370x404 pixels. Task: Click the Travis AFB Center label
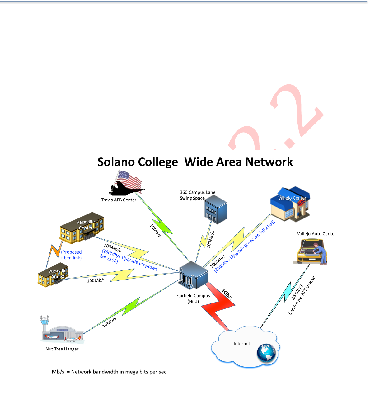119,200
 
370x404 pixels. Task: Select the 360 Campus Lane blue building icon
215,210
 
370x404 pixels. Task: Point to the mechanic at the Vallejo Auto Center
321,253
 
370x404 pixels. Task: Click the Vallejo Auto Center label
316,234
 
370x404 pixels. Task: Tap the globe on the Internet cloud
266,353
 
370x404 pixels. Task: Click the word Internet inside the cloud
242,344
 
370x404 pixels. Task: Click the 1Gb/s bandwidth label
227,294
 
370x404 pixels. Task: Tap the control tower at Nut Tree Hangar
45,324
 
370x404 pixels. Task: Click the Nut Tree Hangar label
62,349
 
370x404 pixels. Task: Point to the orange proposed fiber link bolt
54,251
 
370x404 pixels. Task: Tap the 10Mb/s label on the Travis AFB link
155,231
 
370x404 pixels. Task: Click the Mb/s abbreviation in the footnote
58,372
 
